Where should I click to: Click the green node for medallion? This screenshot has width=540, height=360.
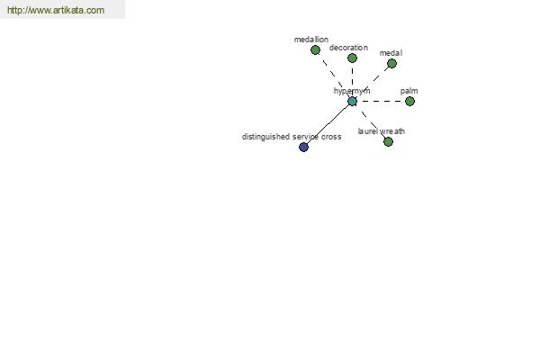[x=315, y=50]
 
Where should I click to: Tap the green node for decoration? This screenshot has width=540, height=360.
[x=352, y=58]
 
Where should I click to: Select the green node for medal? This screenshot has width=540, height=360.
[x=391, y=63]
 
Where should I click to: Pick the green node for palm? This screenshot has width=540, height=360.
[x=409, y=102]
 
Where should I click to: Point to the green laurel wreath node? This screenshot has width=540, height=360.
[x=388, y=141]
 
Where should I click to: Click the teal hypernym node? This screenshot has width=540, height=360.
[x=352, y=102]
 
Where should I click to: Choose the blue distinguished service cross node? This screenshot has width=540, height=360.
[x=303, y=148]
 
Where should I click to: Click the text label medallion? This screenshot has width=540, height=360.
[x=311, y=40]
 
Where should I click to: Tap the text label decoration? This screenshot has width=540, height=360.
[x=348, y=48]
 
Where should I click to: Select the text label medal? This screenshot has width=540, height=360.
[x=391, y=53]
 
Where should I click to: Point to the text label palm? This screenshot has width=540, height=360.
[x=409, y=91]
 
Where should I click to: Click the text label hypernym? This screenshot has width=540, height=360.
[x=352, y=91]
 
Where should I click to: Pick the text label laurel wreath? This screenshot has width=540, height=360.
[x=382, y=131]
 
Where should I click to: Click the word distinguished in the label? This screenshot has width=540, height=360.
[x=265, y=137]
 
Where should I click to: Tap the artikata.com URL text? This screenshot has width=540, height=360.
[x=56, y=10]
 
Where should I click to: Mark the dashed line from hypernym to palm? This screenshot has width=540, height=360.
[x=381, y=102]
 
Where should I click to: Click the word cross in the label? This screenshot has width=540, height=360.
[x=331, y=137]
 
